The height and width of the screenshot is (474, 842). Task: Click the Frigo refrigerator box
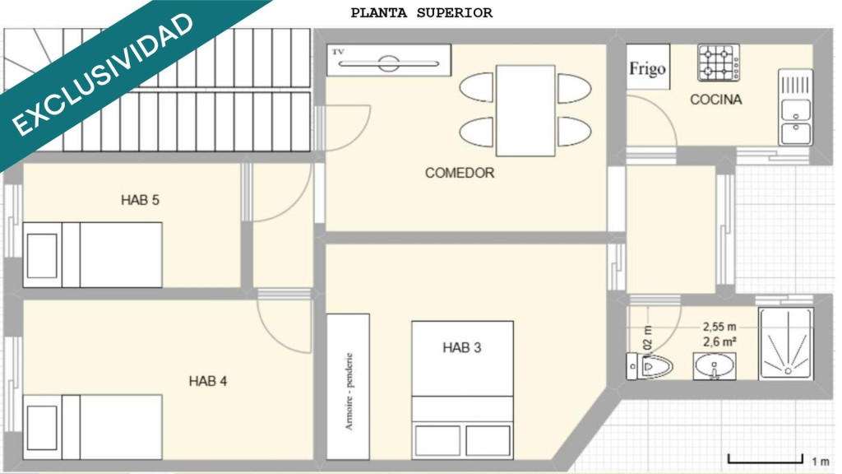pos(648,67)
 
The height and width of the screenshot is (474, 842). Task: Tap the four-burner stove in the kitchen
pos(719,63)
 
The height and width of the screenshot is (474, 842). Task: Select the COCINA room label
pos(716,100)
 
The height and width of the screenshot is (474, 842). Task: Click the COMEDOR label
pos(460,173)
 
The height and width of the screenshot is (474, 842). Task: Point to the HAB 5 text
pos(140,200)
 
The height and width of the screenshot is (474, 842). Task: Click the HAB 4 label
pos(208,381)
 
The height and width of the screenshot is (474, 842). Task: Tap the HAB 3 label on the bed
pos(462,348)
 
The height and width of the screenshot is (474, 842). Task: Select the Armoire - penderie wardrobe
pos(348,387)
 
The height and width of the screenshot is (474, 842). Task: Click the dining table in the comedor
pos(525,111)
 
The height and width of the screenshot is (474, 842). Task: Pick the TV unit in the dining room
pos(389,59)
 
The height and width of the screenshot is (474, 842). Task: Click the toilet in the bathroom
pos(650,366)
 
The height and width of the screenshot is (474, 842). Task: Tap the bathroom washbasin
pos(715,366)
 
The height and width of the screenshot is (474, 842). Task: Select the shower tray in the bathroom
pos(785,343)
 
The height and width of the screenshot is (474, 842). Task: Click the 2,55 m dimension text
pos(719,327)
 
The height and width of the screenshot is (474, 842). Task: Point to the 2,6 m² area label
pos(719,342)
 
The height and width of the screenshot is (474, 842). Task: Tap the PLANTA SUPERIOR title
pos(422,13)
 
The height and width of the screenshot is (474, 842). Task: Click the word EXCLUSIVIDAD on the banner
pos(102,74)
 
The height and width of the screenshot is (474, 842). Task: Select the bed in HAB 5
pos(92,255)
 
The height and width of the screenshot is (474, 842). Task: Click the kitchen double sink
pos(796,108)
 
